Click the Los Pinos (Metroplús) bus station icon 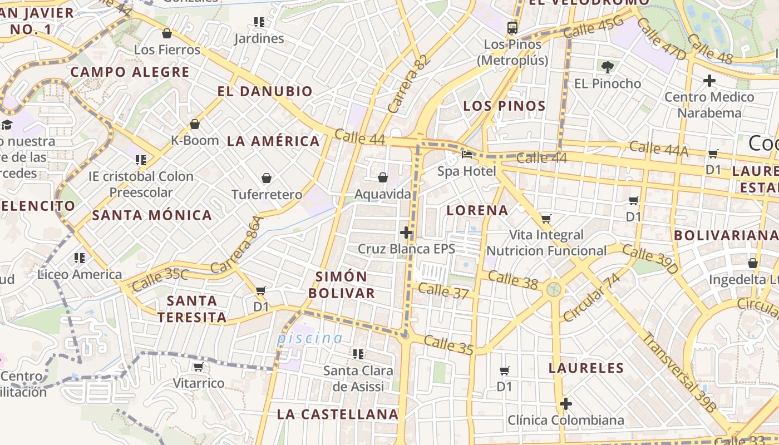(x=512, y=27)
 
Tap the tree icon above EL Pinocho (x=607, y=67)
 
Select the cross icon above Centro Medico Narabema (x=709, y=81)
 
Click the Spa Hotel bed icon (x=467, y=154)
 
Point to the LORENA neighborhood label (x=477, y=210)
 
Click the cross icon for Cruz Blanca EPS (x=407, y=233)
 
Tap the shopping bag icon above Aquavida (x=383, y=177)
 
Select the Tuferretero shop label (x=267, y=195)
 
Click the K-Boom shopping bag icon (x=195, y=124)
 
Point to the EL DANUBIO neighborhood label (x=265, y=91)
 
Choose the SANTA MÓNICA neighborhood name (x=152, y=215)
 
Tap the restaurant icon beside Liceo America (x=80, y=258)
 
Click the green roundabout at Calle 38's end (x=553, y=289)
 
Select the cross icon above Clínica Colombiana (x=566, y=404)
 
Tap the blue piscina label (x=310, y=338)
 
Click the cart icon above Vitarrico (x=198, y=367)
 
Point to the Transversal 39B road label (x=679, y=372)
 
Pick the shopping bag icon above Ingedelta (x=753, y=263)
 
